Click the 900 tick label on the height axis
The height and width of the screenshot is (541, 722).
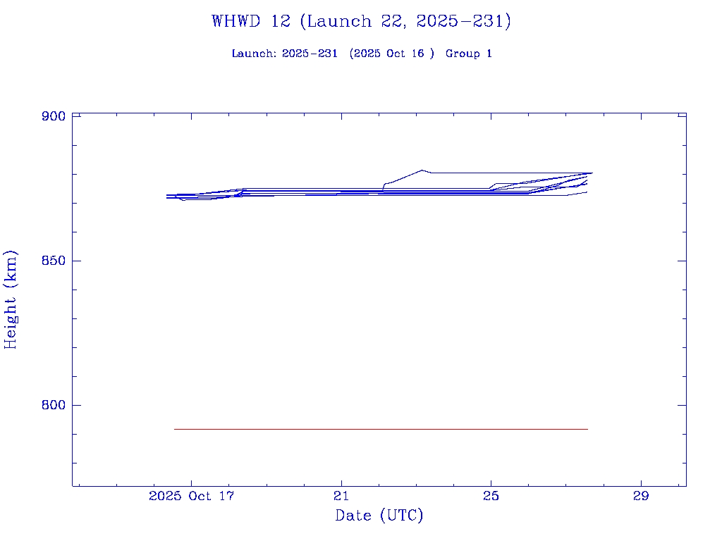[54, 116]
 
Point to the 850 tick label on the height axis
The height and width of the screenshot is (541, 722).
[54, 261]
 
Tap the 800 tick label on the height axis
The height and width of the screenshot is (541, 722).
[54, 405]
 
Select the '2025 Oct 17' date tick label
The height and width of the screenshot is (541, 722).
[191, 496]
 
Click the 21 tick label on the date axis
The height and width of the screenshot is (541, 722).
[341, 496]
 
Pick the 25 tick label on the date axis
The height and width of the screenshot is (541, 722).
[491, 496]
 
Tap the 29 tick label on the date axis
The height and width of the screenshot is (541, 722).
[641, 496]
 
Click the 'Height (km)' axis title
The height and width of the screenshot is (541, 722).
[11, 299]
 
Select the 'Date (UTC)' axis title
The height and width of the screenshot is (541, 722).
[379, 516]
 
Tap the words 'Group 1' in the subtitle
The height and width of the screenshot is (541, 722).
[468, 54]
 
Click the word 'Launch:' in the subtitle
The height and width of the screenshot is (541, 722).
[254, 54]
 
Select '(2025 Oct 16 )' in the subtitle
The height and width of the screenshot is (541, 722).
[391, 54]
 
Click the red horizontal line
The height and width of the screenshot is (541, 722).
[381, 429]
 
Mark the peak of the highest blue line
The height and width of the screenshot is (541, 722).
[422, 170]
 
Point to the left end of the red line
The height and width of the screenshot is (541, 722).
[175, 429]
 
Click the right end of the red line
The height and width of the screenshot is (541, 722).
[587, 429]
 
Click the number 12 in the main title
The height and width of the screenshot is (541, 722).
[280, 21]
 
